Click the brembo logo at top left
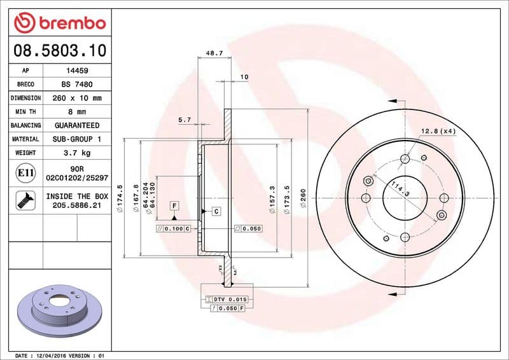coord(59,23)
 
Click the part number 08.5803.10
coord(59,49)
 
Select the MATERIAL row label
coord(25,139)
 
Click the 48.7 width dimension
coord(214,54)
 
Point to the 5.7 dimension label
coord(185,120)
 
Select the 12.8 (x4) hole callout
coord(438,131)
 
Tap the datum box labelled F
coord(173,205)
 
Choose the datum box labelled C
coord(216,211)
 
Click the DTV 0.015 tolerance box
coord(229,299)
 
